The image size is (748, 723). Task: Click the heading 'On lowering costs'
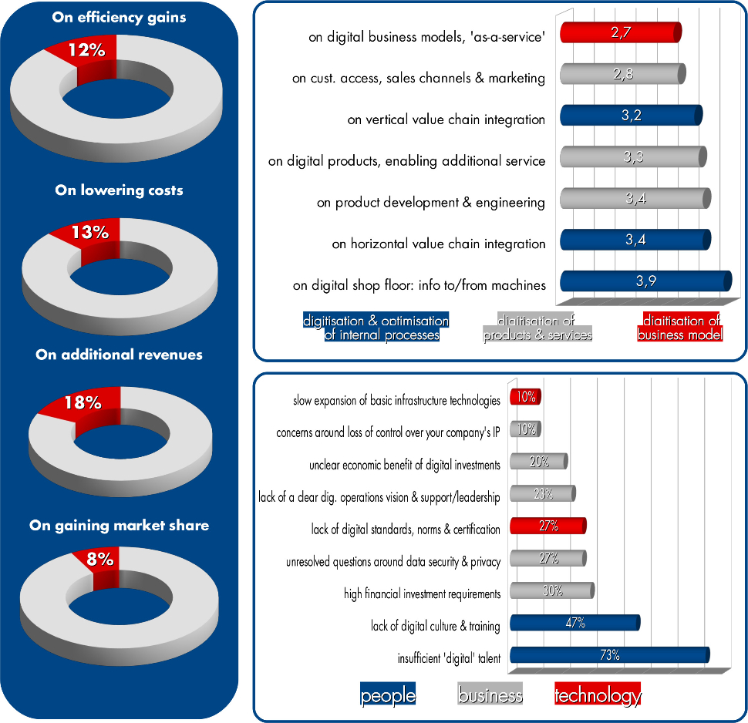[120, 190]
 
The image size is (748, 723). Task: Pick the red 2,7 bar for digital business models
[620, 32]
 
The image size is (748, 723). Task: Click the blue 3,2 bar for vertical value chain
[630, 116]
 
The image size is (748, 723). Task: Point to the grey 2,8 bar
[622, 74]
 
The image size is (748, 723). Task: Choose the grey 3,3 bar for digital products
[632, 157]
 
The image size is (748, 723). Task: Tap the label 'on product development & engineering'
[431, 203]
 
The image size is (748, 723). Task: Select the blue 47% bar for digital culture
[574, 624]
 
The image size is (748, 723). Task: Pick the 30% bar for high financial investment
[551, 592]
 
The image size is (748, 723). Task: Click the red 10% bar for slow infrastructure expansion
[525, 398]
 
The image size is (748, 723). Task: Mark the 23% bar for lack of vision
[542, 495]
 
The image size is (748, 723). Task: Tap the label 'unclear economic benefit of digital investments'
[405, 465]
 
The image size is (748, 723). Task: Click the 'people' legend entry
[388, 695]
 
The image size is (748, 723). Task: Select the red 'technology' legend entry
[598, 695]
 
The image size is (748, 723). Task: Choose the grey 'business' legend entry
[490, 695]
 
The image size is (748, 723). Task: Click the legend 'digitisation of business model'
[682, 328]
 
